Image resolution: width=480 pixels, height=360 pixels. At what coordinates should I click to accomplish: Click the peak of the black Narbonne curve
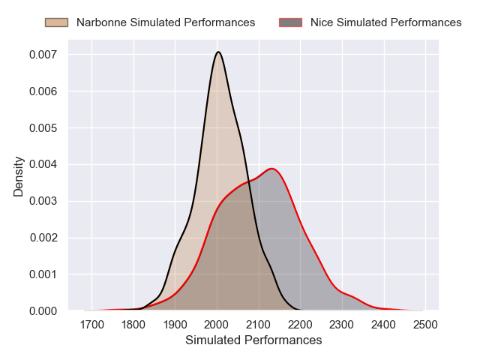click(x=218, y=52)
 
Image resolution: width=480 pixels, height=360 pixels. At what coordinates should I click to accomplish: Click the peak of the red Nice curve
click(x=272, y=168)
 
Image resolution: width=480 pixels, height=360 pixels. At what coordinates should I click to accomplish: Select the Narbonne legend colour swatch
click(x=56, y=22)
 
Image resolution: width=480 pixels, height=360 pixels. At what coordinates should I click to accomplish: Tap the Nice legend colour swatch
click(x=290, y=22)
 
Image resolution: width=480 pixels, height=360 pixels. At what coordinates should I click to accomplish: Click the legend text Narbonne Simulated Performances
click(x=166, y=22)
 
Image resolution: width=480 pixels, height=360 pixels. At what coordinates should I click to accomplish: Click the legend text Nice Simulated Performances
click(x=385, y=22)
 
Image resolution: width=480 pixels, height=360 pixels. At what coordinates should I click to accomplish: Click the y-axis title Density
click(x=19, y=176)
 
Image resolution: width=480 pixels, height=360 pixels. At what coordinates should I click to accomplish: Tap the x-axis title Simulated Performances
click(x=253, y=340)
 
